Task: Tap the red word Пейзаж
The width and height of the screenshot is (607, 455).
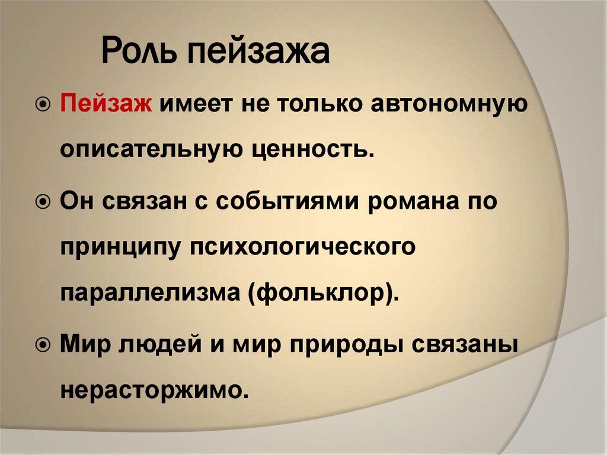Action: [x=107, y=106]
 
